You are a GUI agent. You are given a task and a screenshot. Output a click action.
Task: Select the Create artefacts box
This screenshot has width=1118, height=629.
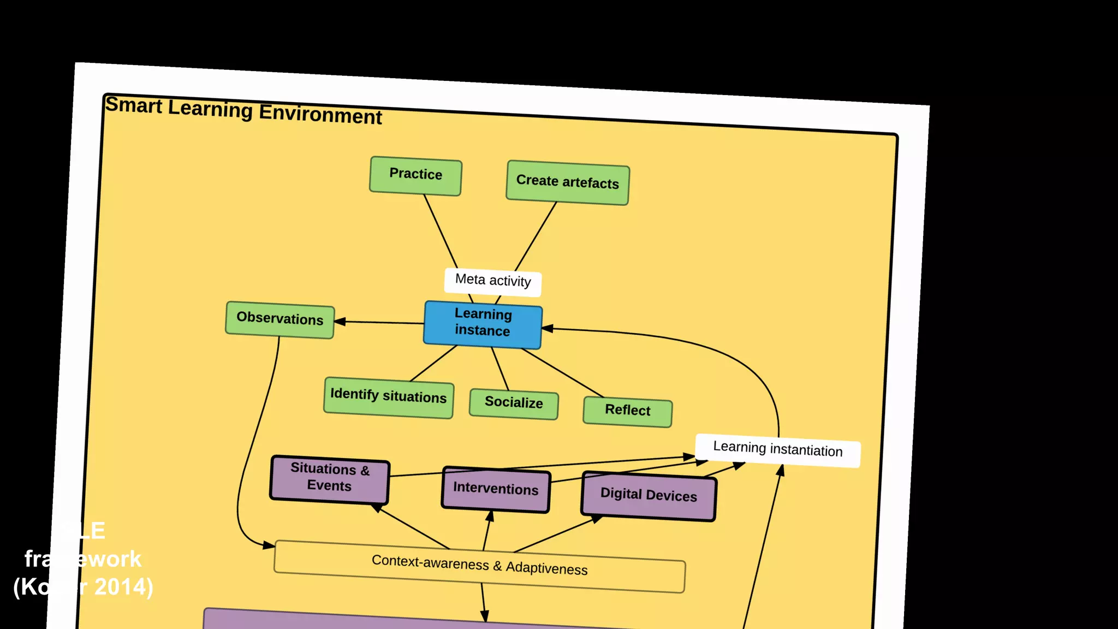pyautogui.click(x=568, y=182)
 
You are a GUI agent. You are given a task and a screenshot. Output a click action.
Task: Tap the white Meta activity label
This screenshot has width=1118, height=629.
pyautogui.click(x=493, y=282)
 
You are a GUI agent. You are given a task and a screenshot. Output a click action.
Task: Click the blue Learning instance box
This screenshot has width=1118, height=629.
pyautogui.click(x=483, y=324)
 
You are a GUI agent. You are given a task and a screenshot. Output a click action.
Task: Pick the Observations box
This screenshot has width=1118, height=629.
pyautogui.click(x=279, y=319)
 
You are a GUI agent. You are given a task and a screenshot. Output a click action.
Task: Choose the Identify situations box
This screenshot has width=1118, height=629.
pyautogui.click(x=388, y=397)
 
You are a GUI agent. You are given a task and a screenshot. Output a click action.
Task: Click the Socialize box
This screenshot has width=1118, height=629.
pyautogui.click(x=514, y=404)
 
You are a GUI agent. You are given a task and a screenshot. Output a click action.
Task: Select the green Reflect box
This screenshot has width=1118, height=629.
pyautogui.click(x=627, y=411)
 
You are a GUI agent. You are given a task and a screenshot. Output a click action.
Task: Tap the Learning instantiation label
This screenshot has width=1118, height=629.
pyautogui.click(x=778, y=450)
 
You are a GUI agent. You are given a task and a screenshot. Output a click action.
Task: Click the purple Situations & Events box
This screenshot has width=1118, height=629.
pyautogui.click(x=330, y=479)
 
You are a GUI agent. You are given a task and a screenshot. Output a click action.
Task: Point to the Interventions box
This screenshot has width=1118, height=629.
pyautogui.click(x=496, y=490)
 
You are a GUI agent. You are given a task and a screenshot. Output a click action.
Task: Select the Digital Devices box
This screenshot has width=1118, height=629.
pyautogui.click(x=649, y=496)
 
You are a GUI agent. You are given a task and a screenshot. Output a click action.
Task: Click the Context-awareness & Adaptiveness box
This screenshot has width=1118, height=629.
pyautogui.click(x=479, y=566)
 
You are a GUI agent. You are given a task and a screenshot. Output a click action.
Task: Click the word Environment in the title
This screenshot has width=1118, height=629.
pyautogui.click(x=320, y=114)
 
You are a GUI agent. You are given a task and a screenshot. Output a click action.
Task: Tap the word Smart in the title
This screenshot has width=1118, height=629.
pyautogui.click(x=134, y=105)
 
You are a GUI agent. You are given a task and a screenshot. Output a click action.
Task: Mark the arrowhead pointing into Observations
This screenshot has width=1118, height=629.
pyautogui.click(x=340, y=322)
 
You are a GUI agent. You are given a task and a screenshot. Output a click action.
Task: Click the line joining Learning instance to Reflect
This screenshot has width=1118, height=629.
pyautogui.click(x=562, y=372)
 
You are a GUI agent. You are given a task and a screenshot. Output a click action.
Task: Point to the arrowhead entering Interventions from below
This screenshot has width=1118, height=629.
pyautogui.click(x=490, y=516)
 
